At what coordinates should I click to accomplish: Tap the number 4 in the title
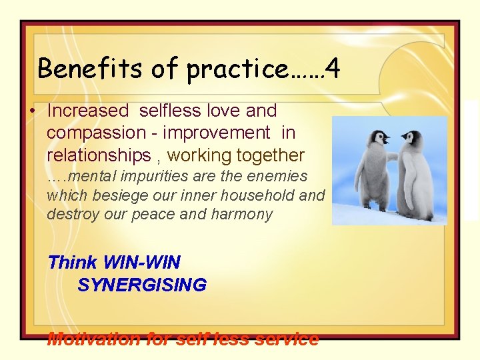(333, 68)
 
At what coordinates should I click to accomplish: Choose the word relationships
(99, 156)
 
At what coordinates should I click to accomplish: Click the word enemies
(276, 177)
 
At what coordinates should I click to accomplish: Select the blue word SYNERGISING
(142, 285)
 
